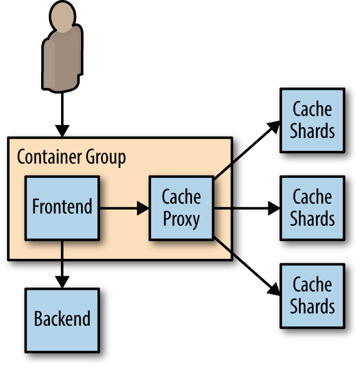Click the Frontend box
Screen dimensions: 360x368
(62, 208)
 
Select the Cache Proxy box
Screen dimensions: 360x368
(181, 208)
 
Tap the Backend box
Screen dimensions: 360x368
(62, 320)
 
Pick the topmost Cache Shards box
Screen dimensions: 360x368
(312, 120)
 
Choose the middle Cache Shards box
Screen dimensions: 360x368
(312, 208)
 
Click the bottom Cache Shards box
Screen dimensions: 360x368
(312, 296)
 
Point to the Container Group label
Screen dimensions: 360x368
(72, 157)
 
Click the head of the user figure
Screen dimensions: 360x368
(62, 16)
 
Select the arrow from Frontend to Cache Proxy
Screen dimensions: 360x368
(125, 208)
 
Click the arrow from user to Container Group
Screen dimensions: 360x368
(62, 115)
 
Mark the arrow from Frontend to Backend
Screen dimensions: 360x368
(62, 265)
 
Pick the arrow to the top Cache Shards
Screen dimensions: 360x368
(247, 150)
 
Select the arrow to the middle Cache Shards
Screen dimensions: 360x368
(247, 208)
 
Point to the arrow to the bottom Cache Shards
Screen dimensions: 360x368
(247, 266)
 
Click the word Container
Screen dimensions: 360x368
(49, 157)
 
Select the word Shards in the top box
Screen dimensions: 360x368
(312, 131)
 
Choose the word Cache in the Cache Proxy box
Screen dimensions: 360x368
(181, 197)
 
